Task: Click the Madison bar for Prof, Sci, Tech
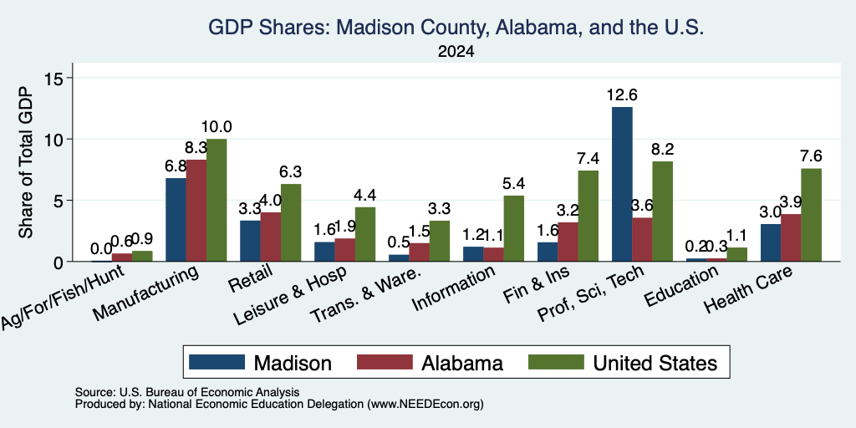click(622, 184)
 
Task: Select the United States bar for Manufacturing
click(217, 201)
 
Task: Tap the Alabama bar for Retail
click(270, 237)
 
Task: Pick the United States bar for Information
click(514, 228)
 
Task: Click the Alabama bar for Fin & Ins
click(568, 242)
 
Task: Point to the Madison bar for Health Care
click(771, 243)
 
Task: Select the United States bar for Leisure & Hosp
click(365, 234)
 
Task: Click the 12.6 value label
click(622, 95)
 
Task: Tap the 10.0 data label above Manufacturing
click(217, 127)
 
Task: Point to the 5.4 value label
click(514, 183)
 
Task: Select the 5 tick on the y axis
click(59, 201)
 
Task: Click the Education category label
click(681, 286)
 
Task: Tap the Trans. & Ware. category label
click(366, 294)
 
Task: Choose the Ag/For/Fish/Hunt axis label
click(63, 297)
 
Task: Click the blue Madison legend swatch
click(217, 362)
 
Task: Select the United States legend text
click(655, 363)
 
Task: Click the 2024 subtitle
click(456, 52)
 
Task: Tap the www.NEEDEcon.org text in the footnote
click(425, 405)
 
